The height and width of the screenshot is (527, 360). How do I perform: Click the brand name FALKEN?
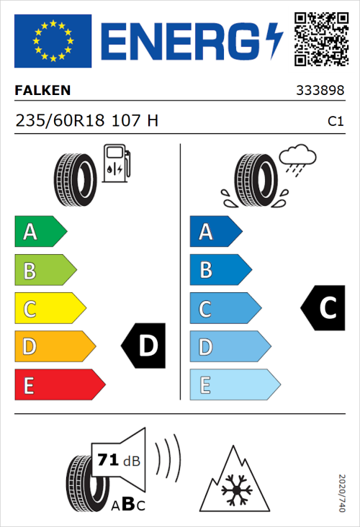coord(43,91)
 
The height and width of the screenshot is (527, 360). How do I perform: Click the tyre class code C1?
coord(335,122)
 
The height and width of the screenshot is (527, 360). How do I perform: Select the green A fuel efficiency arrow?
coord(40,232)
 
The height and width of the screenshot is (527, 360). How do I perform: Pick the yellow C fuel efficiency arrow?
coord(49,309)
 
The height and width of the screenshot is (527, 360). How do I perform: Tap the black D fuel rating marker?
coord(145,346)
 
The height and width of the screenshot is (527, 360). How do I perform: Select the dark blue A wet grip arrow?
coord(215,232)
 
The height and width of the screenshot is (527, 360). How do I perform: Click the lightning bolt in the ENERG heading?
coord(275,40)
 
